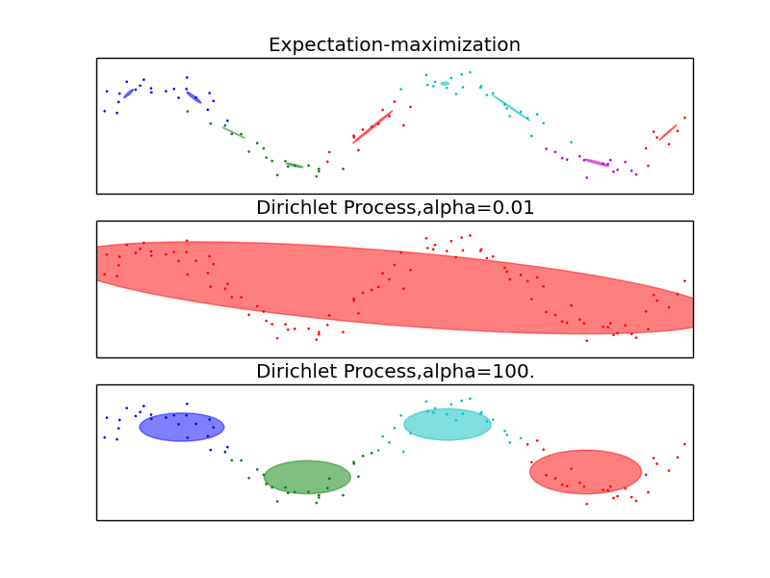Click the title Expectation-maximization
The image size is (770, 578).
(395, 45)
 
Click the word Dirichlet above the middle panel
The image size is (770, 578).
(292, 208)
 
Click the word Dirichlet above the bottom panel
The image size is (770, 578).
(292, 372)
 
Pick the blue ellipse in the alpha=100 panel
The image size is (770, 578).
(182, 427)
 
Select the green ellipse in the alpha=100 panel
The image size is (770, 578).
(307, 476)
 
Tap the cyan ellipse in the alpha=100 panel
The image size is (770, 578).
(448, 424)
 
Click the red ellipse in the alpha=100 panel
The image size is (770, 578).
(585, 472)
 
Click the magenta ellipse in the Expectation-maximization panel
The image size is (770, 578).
(596, 162)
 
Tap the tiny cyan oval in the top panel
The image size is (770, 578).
(445, 84)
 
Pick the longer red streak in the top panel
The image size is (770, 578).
(372, 126)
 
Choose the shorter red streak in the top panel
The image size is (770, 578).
(667, 131)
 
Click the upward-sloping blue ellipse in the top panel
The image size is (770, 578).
(129, 93)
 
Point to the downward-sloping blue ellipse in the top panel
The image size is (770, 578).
(193, 96)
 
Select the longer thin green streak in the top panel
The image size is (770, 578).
(233, 132)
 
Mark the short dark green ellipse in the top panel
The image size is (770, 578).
(295, 166)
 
